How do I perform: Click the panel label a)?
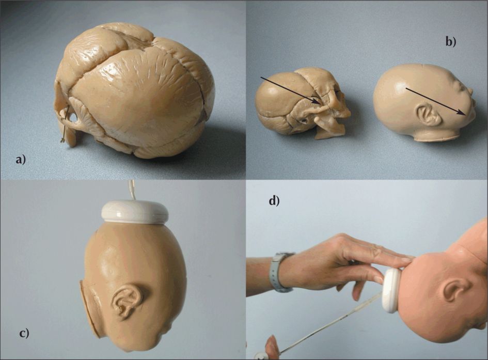[21, 160]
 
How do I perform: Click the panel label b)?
[451, 41]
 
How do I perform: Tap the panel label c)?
[24, 333]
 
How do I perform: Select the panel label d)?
[274, 201]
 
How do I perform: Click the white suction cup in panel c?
[135, 212]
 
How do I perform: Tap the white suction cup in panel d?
[391, 290]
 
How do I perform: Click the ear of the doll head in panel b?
[428, 115]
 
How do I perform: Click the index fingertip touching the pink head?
[408, 259]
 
